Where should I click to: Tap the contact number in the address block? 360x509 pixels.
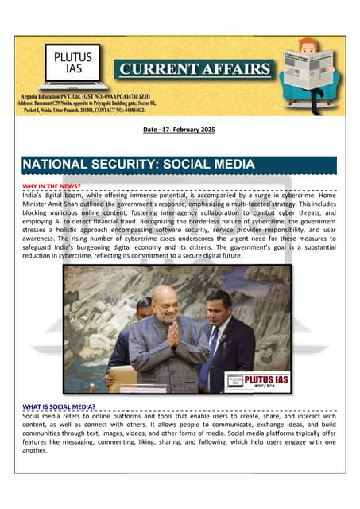(x=162, y=111)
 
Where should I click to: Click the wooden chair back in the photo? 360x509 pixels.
(x=124, y=379)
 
